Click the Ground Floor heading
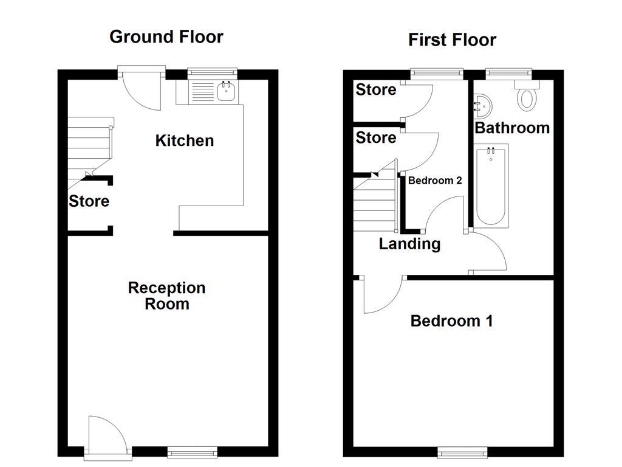[x=166, y=36]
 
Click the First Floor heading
[x=452, y=40]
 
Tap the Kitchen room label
[x=185, y=140]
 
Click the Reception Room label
[x=166, y=296]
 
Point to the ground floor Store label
[x=89, y=201]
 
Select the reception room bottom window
[x=192, y=451]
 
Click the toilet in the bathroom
[x=526, y=97]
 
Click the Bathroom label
[x=511, y=128]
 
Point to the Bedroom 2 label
[x=435, y=181]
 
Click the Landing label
[x=409, y=244]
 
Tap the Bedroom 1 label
[x=451, y=320]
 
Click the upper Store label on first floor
[x=375, y=90]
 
